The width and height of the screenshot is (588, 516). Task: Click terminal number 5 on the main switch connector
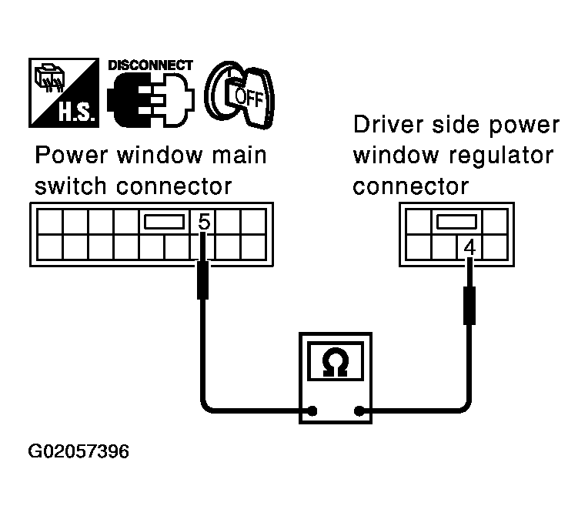(x=203, y=223)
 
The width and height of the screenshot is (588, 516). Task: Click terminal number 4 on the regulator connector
(x=470, y=248)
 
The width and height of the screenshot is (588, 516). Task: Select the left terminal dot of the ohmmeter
(x=312, y=410)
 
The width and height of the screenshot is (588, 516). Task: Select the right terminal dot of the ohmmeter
(x=359, y=410)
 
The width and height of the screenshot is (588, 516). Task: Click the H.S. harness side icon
(x=65, y=92)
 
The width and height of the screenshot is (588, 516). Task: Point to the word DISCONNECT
(x=150, y=65)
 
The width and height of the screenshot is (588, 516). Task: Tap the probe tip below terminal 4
(x=469, y=304)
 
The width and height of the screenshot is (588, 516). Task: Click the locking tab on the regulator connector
(x=456, y=222)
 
